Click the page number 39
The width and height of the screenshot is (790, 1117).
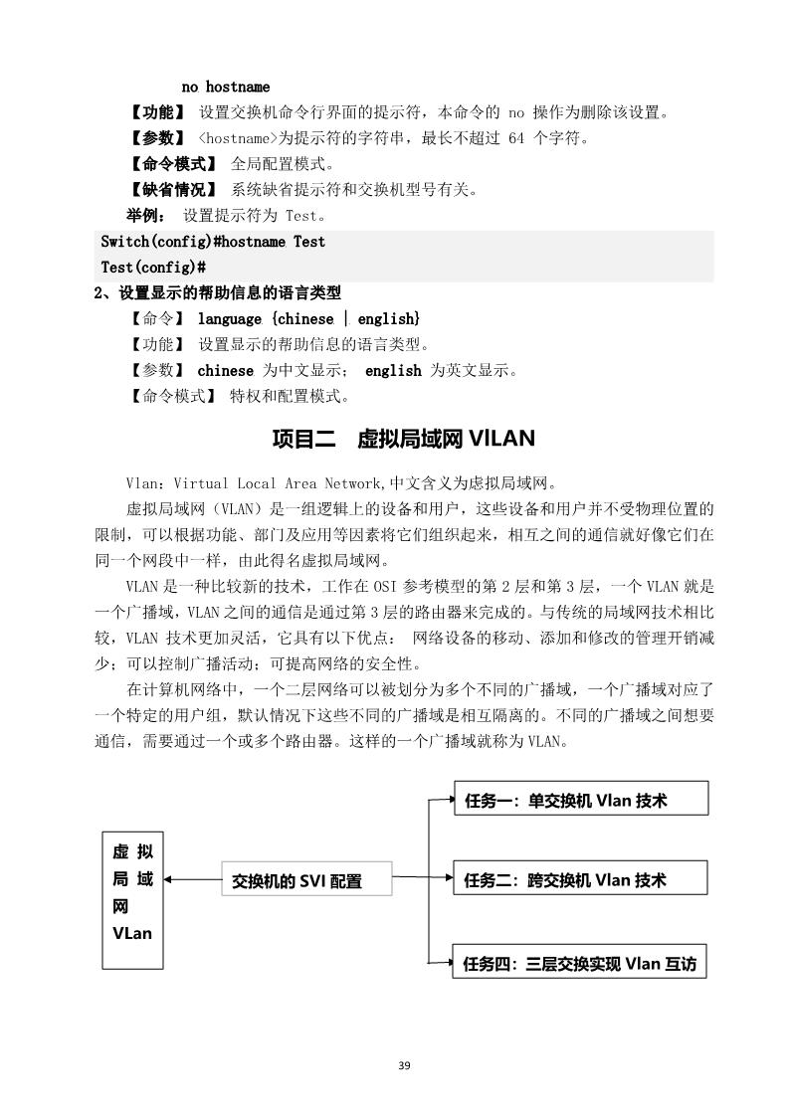(403, 1065)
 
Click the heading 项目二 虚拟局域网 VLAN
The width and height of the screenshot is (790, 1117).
(403, 440)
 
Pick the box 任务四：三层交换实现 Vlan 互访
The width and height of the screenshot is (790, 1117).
(580, 962)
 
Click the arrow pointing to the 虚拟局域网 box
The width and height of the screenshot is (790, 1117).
(169, 879)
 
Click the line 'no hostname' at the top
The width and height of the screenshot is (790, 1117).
(225, 87)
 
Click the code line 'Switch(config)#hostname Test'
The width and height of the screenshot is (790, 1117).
(213, 242)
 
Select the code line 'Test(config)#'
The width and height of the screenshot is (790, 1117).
(153, 267)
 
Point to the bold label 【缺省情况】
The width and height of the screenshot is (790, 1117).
(173, 189)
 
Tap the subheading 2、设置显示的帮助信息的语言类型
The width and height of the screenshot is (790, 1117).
(217, 293)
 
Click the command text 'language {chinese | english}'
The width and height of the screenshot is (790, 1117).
(308, 318)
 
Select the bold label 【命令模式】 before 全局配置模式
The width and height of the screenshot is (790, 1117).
(173, 163)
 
